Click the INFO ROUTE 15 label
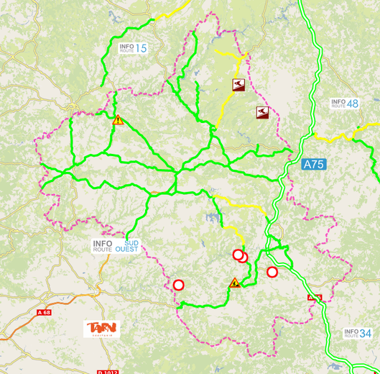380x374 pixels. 133,48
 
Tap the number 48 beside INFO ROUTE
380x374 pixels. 352,104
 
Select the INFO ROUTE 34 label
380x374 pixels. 358,333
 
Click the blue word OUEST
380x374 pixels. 127,250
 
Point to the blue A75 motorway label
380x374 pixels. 313,164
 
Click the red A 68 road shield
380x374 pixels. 45,312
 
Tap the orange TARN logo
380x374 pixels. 101,329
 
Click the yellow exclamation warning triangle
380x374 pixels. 118,120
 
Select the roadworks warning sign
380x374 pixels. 235,283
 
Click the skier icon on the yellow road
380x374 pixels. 238,85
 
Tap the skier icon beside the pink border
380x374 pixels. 262,112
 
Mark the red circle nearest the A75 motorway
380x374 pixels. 272,272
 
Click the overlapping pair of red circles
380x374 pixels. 240,255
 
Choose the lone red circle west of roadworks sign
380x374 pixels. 179,285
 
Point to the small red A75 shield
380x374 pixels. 315,297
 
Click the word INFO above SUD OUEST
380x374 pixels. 102,242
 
